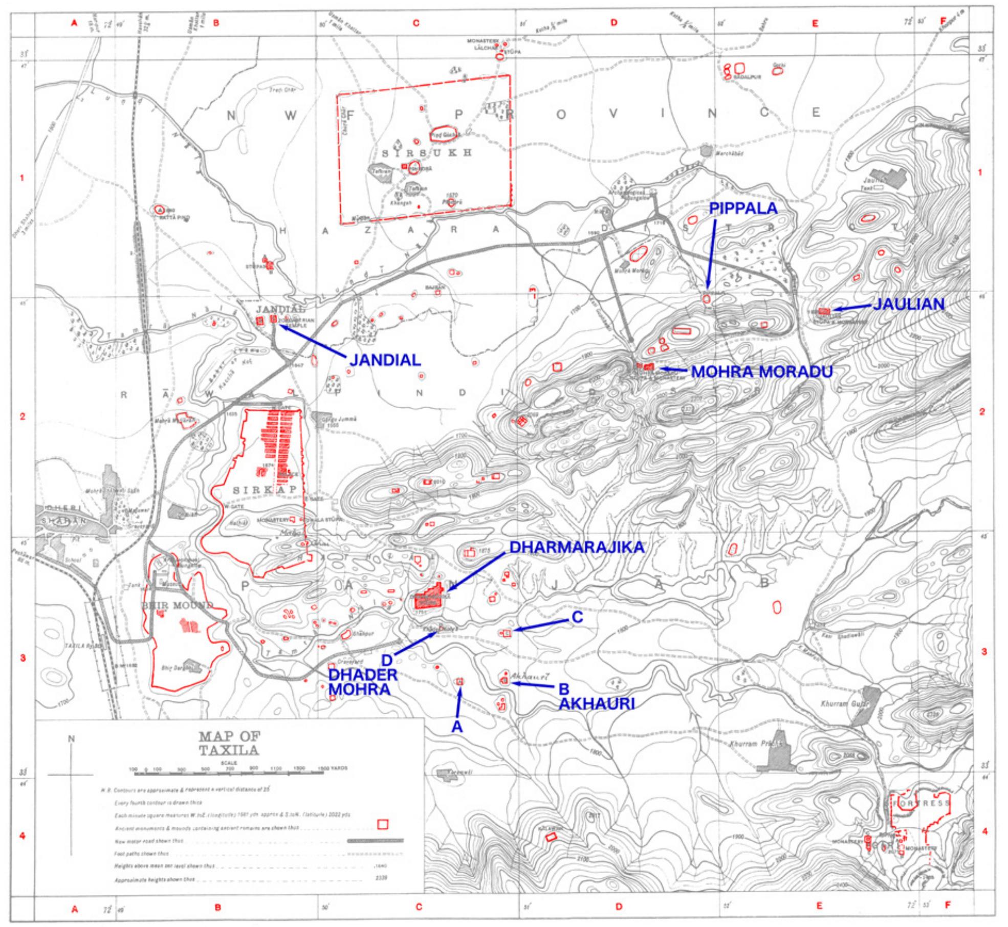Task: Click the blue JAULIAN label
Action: [x=908, y=304]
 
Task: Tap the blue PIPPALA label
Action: [x=742, y=208]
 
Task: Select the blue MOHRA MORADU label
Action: [x=761, y=371]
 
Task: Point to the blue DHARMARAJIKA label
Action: [x=576, y=547]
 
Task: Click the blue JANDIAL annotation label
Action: [x=385, y=359]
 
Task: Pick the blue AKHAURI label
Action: [x=596, y=704]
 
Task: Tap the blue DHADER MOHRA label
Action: [x=363, y=681]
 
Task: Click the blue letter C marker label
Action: [x=577, y=617]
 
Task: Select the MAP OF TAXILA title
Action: [x=229, y=743]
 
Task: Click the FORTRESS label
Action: [x=921, y=803]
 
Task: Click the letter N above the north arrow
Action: [x=72, y=738]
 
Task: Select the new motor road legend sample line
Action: [x=376, y=840]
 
